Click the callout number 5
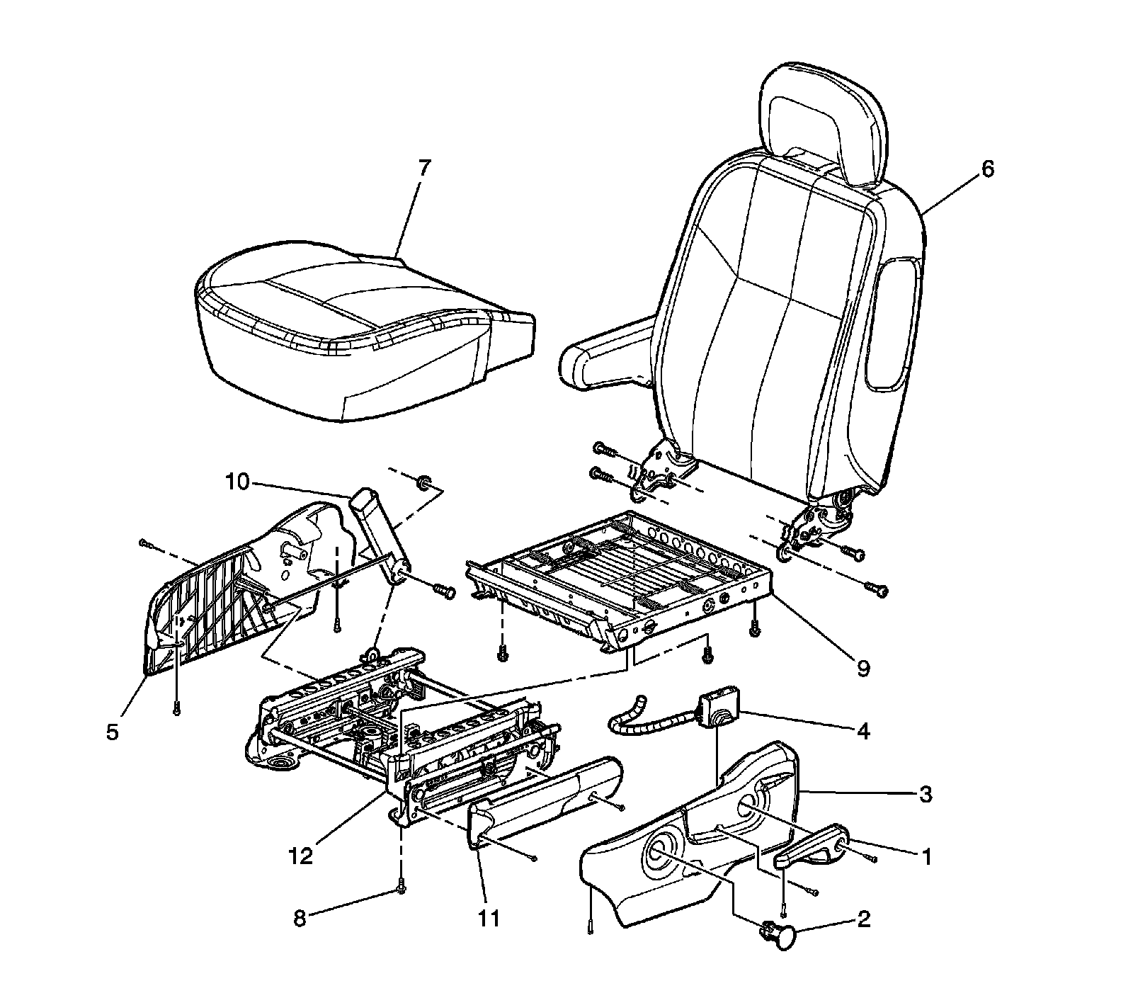coord(113,732)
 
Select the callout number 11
coord(489,919)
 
